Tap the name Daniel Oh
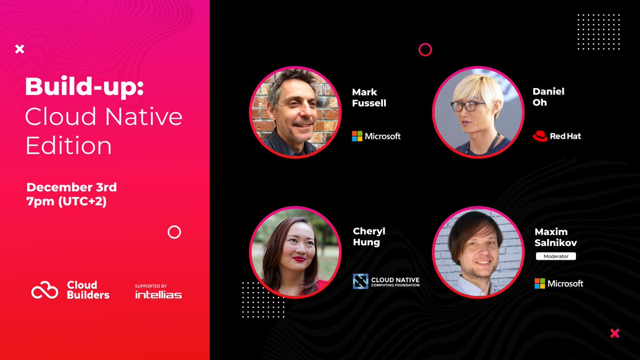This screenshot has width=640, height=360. point(548,97)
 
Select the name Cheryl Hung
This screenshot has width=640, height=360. point(369,236)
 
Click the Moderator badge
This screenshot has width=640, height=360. point(556,257)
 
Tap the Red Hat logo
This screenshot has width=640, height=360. point(556,136)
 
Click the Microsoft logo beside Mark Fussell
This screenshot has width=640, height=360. point(376,136)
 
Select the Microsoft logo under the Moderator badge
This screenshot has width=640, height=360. point(559,283)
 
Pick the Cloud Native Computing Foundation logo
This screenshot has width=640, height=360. point(386,281)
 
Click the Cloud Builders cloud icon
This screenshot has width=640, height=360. point(44,290)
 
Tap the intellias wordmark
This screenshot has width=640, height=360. point(158,294)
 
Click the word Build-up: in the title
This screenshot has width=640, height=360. point(84,87)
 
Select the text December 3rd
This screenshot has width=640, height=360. point(71,187)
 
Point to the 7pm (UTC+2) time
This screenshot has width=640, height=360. point(66,202)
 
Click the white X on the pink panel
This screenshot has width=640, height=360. point(20,50)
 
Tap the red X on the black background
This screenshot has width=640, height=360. point(614,333)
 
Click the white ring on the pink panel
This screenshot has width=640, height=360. point(174,232)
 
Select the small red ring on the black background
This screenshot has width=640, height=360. point(425,50)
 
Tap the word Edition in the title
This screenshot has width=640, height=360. point(68,146)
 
